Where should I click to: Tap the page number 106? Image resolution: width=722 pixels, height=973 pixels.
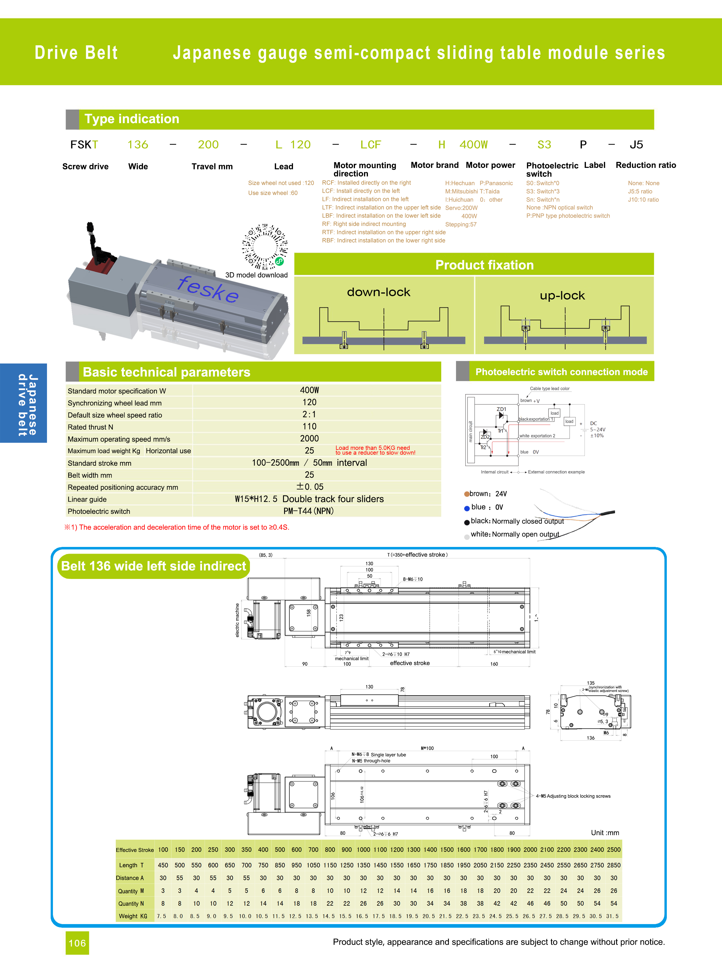[77, 943]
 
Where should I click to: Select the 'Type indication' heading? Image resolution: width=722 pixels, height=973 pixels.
[132, 119]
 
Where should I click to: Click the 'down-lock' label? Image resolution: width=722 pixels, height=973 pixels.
[378, 292]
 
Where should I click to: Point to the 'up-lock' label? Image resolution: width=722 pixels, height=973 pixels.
[562, 296]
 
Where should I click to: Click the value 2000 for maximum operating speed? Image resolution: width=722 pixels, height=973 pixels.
[309, 439]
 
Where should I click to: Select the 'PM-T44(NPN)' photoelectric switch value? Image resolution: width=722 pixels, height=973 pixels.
[308, 511]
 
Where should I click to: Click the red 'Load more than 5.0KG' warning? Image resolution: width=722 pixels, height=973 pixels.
[375, 450]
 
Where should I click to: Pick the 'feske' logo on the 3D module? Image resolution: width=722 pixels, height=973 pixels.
[208, 289]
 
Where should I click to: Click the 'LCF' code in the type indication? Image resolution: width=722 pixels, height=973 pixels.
[370, 145]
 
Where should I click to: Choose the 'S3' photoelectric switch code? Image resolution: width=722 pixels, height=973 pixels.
[544, 145]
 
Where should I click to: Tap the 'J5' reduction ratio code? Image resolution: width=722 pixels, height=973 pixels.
[636, 145]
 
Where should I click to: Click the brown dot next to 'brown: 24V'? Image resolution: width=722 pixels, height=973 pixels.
[467, 494]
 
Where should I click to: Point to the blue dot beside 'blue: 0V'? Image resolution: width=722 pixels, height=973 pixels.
[467, 508]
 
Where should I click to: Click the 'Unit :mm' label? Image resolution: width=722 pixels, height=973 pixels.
[605, 833]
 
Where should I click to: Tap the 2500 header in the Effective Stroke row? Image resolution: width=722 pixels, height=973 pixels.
[614, 850]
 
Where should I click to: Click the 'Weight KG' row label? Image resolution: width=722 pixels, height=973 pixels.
[133, 916]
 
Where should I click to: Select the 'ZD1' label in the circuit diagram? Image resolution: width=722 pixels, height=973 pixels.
[501, 409]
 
